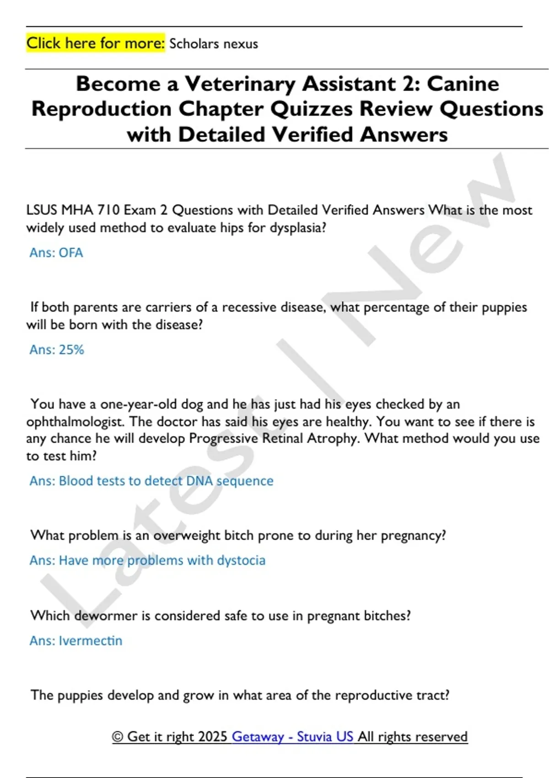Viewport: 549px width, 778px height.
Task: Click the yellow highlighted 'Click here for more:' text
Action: point(95,43)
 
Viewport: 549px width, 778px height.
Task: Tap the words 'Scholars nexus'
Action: point(213,44)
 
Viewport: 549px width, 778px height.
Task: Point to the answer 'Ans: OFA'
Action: point(56,253)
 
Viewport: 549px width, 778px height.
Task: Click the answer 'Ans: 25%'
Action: point(57,350)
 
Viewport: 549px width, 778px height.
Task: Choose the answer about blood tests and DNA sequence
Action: point(151,481)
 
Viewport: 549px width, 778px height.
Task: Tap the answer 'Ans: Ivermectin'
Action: point(76,640)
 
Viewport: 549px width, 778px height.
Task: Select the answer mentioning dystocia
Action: point(147,560)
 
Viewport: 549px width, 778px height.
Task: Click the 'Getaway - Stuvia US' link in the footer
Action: point(292,736)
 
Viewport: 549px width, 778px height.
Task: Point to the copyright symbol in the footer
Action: point(118,737)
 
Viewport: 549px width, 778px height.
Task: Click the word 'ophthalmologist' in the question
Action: point(75,421)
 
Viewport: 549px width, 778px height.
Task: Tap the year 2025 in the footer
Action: point(213,736)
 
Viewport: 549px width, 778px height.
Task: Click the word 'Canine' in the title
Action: point(463,84)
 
